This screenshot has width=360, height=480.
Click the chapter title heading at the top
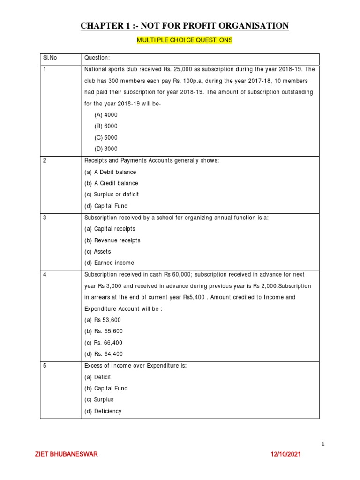(185, 25)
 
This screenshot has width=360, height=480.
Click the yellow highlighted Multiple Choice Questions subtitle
(185, 40)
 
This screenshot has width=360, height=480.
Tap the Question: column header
(97, 58)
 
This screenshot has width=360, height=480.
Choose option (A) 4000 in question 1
(106, 115)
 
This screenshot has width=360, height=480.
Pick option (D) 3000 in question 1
(106, 149)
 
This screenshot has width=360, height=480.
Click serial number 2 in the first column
(45, 161)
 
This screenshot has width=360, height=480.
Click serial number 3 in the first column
(45, 217)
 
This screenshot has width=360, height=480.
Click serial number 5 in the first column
(45, 366)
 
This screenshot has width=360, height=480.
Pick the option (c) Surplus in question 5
(99, 400)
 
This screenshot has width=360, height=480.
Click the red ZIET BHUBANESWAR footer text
(67, 455)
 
